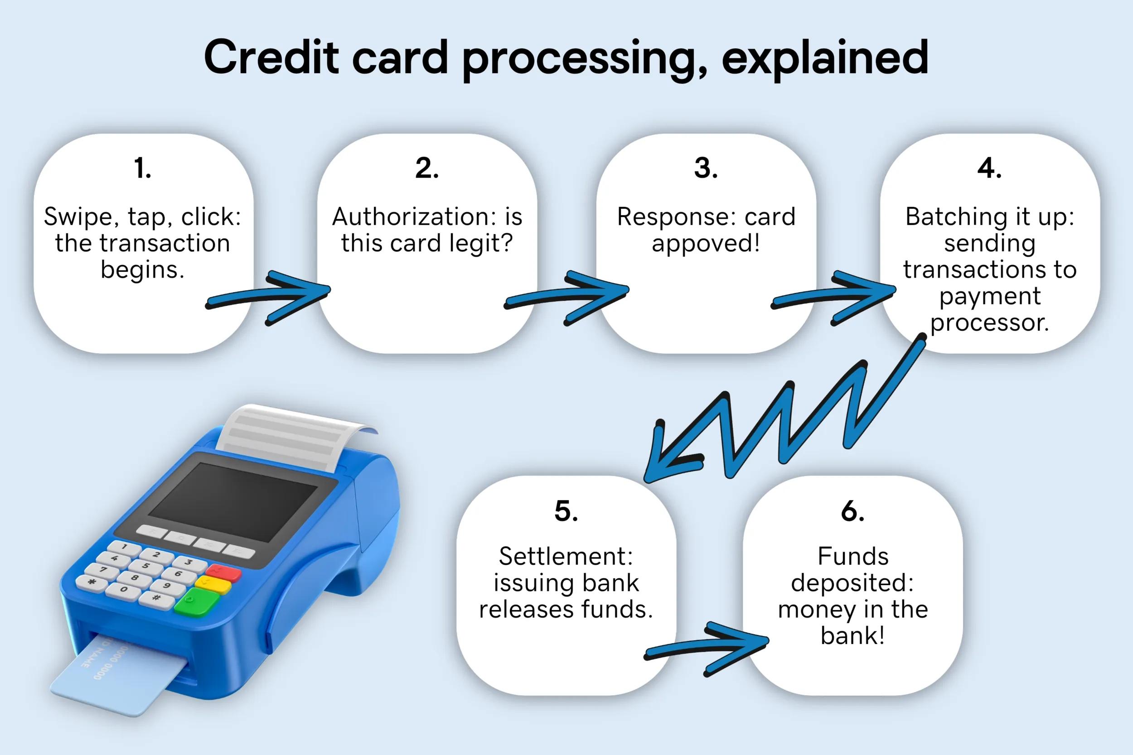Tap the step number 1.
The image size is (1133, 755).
[143, 168]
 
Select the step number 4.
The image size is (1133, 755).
[989, 168]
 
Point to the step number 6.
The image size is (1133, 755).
[852, 511]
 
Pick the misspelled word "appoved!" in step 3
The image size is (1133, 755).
[706, 244]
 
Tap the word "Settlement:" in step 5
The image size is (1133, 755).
[566, 557]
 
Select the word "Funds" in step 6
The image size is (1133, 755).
[852, 557]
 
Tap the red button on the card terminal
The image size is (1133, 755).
[223, 572]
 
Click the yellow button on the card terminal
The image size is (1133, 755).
[213, 586]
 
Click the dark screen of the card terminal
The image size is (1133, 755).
[232, 501]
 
